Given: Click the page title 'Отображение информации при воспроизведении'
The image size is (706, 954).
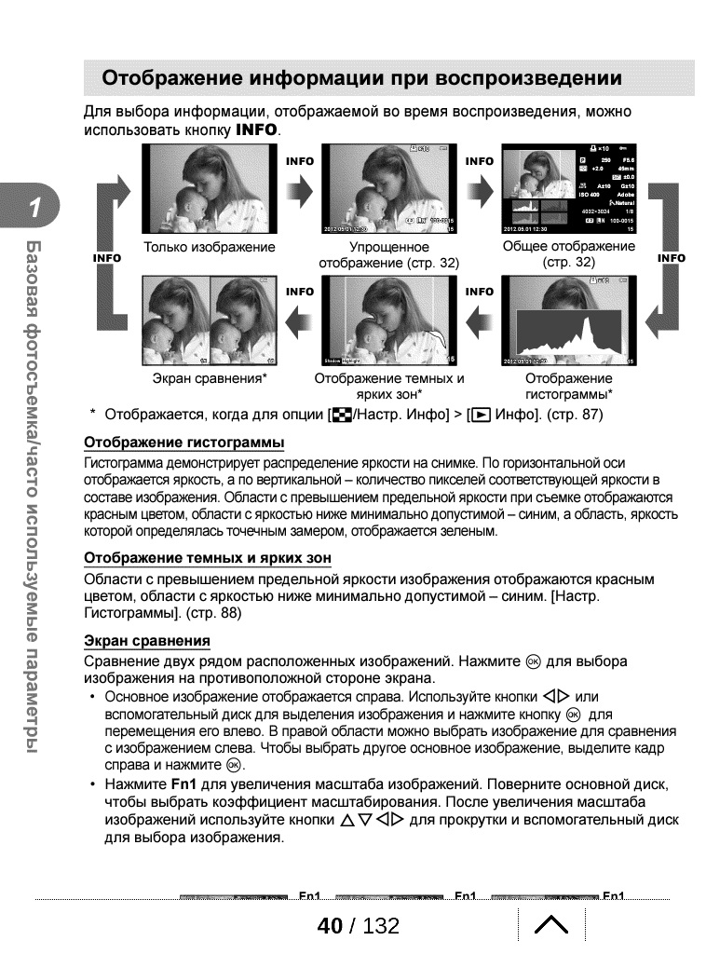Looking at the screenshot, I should point(361,77).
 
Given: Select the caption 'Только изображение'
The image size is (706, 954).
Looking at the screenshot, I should point(210,247).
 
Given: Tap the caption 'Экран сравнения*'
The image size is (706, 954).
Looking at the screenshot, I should point(210,379).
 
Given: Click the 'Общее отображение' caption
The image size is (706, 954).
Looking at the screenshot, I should point(569,247).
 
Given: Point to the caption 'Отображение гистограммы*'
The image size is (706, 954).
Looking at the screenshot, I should point(569,387).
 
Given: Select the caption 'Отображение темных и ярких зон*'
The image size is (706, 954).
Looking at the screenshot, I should point(388,387).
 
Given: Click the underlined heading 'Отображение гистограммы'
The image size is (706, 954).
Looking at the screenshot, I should point(184,441).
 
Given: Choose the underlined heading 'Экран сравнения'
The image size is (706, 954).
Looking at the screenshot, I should point(147,641).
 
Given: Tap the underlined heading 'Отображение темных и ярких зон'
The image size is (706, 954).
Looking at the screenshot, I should point(208,558).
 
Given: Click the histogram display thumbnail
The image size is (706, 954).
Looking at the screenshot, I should point(569,320).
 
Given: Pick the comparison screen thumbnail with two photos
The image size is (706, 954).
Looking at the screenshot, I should point(210,320).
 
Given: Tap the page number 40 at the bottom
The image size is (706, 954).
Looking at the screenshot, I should point(330,926).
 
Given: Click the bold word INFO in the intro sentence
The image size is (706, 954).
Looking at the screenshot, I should point(257,130).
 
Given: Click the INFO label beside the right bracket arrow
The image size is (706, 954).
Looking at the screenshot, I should point(671,258).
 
